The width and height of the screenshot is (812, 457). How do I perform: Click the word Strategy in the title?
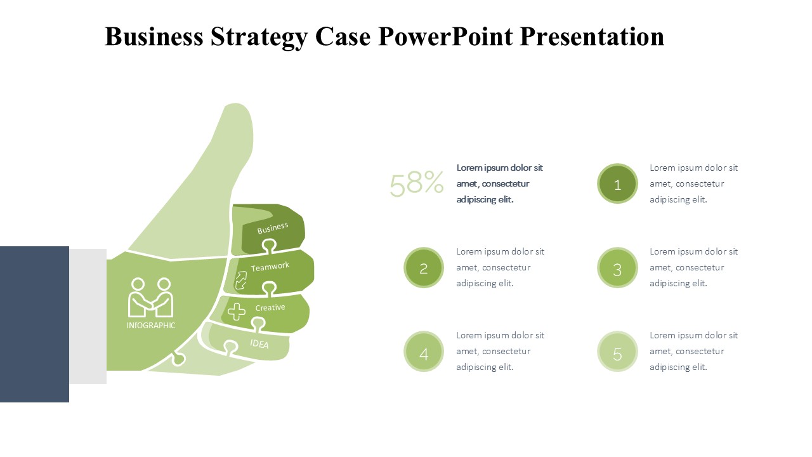[x=259, y=37]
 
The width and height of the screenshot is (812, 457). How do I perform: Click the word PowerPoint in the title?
[x=445, y=36]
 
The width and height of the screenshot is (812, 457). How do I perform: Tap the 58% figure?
[x=417, y=183]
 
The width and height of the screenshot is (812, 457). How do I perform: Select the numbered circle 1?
[x=617, y=183]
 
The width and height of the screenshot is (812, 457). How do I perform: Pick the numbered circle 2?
[x=424, y=268]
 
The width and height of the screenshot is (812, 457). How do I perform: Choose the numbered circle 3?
[x=617, y=268]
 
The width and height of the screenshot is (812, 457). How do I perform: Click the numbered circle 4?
[x=424, y=352]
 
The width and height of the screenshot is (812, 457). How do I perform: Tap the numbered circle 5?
[x=617, y=352]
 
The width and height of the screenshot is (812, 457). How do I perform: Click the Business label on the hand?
[x=273, y=228]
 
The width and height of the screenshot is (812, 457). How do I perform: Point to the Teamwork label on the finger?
[x=270, y=267]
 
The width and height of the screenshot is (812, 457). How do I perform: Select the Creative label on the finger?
[x=270, y=308]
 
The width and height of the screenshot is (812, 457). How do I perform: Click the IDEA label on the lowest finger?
[x=259, y=343]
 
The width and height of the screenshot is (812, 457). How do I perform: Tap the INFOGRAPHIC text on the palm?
[x=150, y=326]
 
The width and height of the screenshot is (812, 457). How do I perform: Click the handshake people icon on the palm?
[x=150, y=298]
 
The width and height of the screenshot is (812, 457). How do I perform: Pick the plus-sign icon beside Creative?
[x=237, y=312]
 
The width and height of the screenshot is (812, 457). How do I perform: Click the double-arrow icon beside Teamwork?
[x=241, y=281]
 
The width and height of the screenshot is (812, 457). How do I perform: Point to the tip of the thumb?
[x=237, y=104]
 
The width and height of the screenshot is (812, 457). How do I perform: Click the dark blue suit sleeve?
[x=34, y=324]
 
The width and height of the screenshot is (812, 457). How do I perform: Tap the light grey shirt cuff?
[x=88, y=316]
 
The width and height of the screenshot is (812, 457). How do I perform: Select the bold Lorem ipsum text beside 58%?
[x=499, y=183]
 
